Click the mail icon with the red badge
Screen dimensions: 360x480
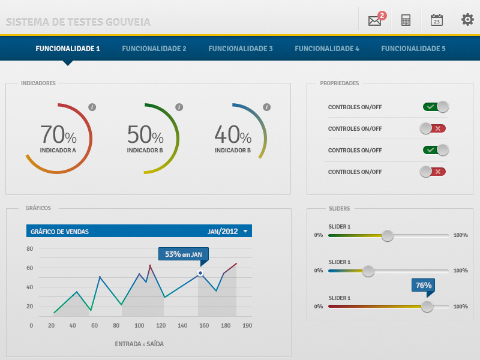[x=375, y=20]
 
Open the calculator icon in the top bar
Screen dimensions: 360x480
[x=406, y=20]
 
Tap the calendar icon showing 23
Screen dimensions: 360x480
[x=437, y=20]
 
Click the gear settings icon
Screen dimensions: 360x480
[x=467, y=20]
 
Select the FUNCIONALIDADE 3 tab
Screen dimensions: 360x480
[x=241, y=49]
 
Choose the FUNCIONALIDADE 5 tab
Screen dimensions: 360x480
[x=413, y=49]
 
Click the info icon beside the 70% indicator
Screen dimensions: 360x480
[x=92, y=107]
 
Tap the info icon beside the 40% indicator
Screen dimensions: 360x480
[x=266, y=107]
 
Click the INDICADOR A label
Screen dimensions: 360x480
[x=58, y=151]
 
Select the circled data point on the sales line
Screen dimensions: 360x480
[x=200, y=274]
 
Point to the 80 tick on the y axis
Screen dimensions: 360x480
[x=30, y=248]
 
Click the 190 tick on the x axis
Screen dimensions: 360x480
[x=247, y=326]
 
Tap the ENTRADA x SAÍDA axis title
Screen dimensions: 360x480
[x=139, y=344]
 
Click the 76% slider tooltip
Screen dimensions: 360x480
[x=424, y=286]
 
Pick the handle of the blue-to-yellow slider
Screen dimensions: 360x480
[x=368, y=271]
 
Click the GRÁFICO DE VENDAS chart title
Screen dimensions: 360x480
[x=59, y=232]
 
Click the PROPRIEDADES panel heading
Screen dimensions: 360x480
[x=340, y=83]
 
